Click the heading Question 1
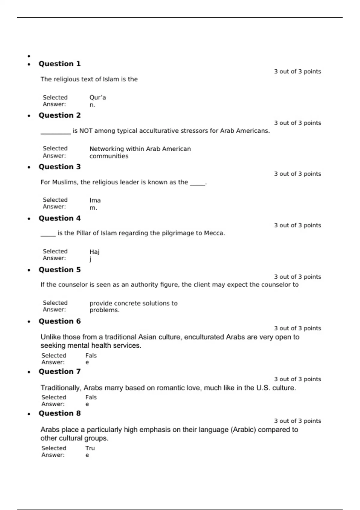coord(59,64)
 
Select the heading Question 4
coord(59,218)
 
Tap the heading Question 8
coord(59,413)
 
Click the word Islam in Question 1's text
coord(111,79)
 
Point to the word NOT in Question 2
coord(86,131)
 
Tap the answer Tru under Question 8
coord(90,448)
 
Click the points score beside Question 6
coord(297,328)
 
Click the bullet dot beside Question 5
coord(29,270)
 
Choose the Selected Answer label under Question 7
coord(54,400)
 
